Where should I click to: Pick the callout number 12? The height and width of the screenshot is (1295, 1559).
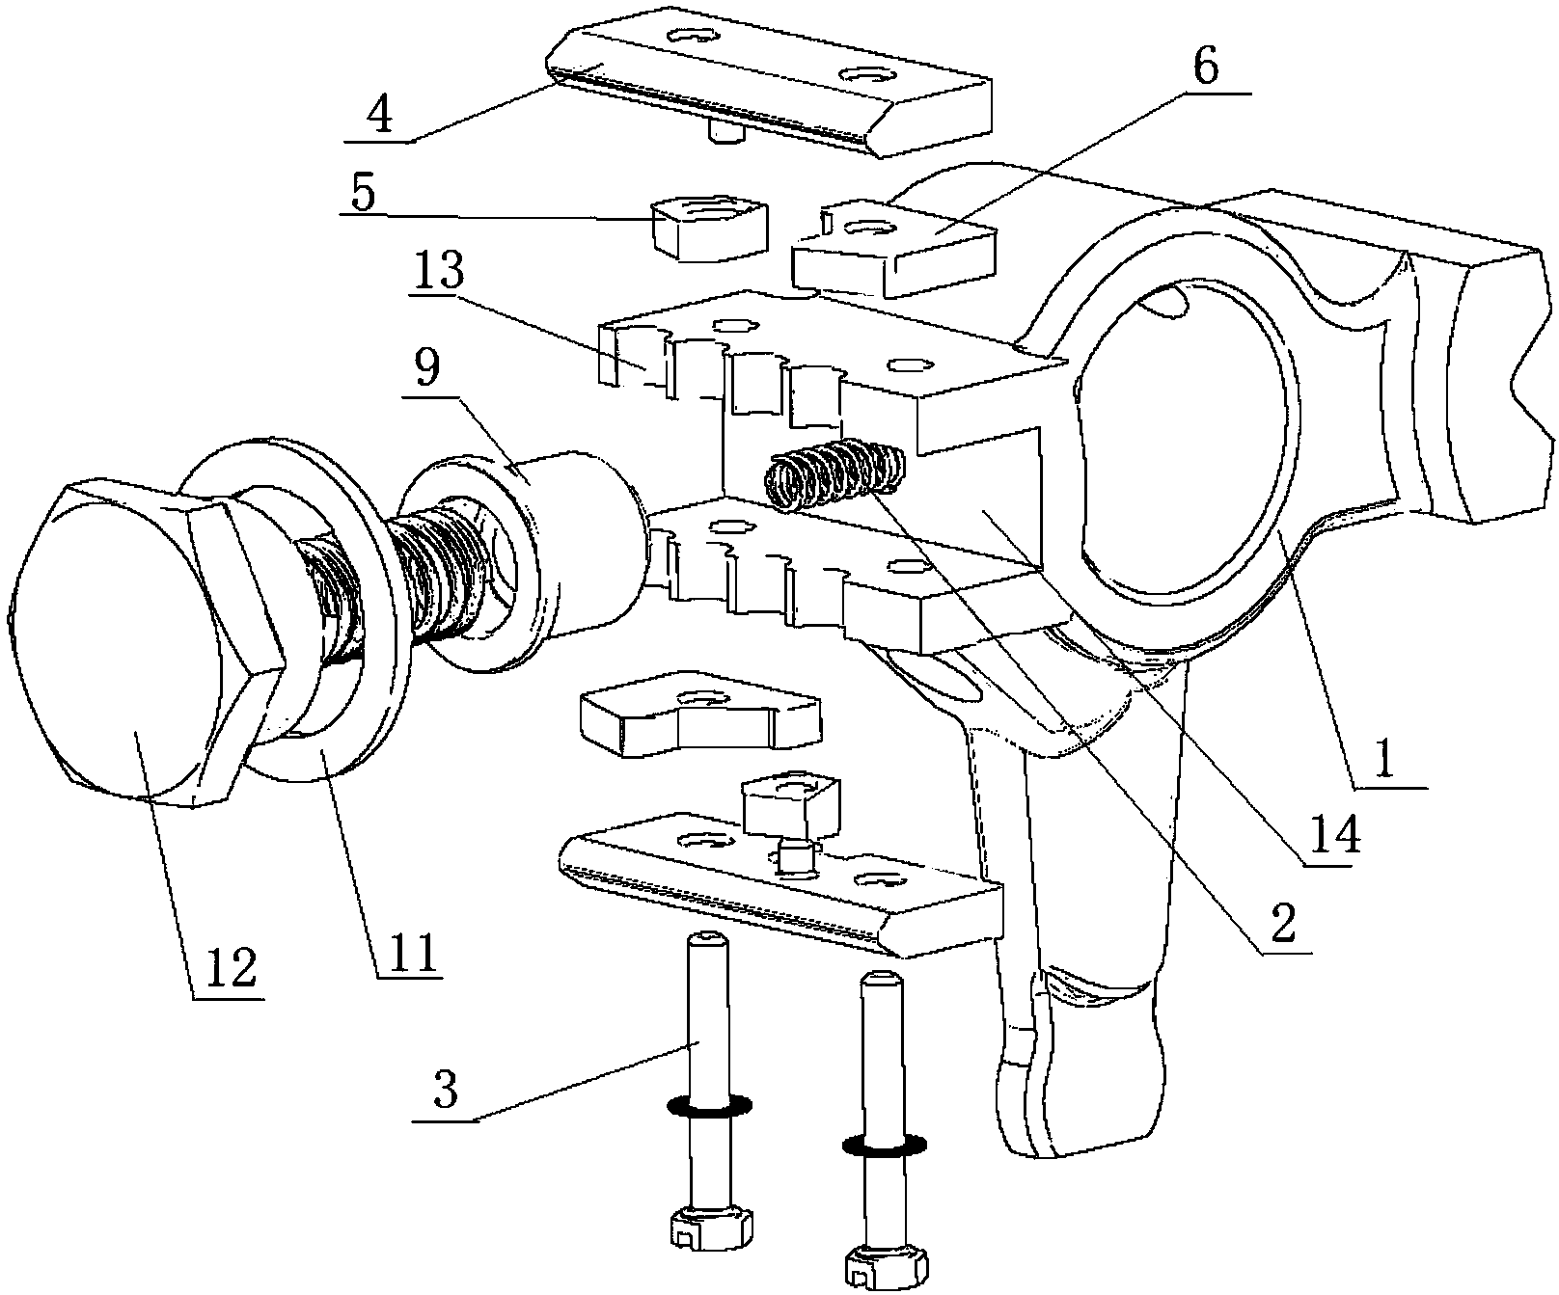click(228, 968)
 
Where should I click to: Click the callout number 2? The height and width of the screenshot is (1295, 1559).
click(1279, 923)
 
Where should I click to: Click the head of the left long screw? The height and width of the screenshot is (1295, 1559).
click(709, 1231)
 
